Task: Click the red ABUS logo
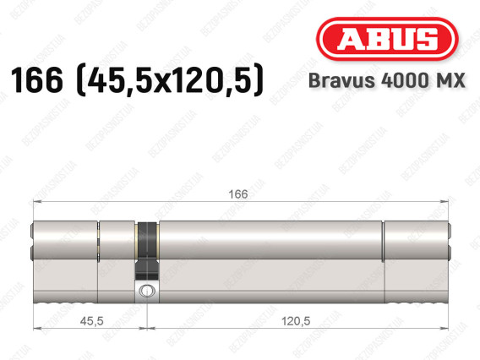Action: tap(387, 39)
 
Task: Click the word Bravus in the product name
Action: tap(342, 80)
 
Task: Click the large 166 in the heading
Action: tap(36, 80)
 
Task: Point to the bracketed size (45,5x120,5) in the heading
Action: tap(169, 80)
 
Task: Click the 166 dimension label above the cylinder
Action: tap(238, 194)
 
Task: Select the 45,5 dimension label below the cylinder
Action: tap(91, 321)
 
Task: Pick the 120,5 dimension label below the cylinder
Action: tap(296, 321)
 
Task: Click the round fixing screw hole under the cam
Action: tap(147, 291)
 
